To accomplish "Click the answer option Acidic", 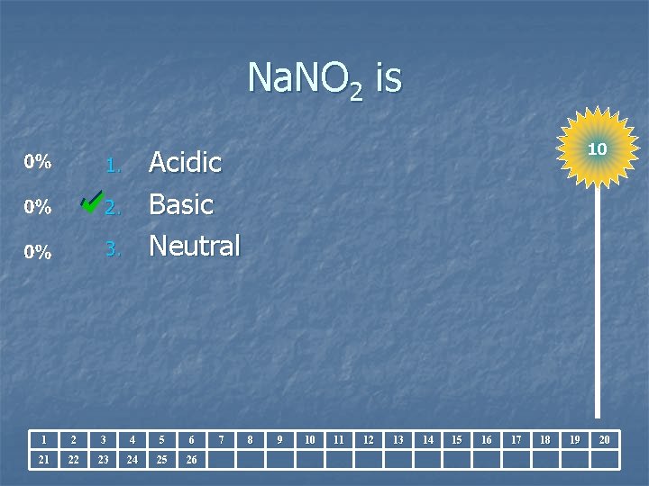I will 185,163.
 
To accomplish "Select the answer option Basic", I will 180,205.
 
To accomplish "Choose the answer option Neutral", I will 194,246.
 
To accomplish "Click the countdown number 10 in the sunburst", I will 597,148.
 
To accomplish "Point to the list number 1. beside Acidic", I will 112,166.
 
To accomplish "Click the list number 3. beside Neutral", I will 112,249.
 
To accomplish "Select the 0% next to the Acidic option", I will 38,163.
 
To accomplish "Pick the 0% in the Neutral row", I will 38,253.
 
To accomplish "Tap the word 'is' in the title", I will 388,79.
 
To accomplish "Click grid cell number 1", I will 44,439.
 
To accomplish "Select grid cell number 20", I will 604,439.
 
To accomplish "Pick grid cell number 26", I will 191,460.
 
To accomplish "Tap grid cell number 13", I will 398,439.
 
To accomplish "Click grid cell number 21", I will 44,460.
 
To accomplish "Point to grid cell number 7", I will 221,439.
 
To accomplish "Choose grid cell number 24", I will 133,460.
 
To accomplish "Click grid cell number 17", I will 516,439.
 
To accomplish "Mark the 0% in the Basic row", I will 38,207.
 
